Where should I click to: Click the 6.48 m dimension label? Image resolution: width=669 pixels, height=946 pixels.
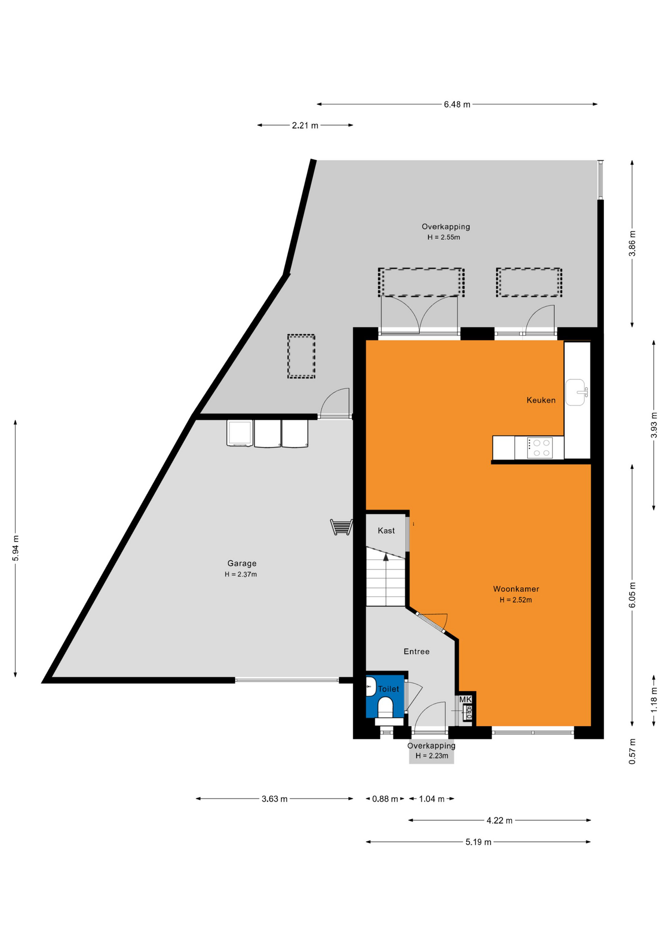[457, 104]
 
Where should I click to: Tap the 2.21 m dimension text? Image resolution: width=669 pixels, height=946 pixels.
[305, 126]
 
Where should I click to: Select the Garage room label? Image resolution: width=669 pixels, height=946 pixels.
[242, 563]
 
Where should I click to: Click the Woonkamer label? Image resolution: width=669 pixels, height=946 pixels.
[516, 589]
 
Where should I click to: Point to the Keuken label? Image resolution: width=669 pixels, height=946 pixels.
[541, 400]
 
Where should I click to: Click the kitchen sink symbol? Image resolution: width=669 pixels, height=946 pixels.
[576, 392]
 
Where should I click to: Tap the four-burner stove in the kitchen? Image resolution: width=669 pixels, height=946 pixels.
[539, 448]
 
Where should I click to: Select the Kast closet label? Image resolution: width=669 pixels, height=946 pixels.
[386, 531]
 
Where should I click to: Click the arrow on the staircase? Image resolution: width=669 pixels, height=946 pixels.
[386, 557]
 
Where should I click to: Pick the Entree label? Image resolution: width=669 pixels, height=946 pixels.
[416, 651]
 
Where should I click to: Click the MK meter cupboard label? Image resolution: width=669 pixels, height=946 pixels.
[466, 699]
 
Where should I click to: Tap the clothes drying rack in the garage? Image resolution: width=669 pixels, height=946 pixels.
[341, 527]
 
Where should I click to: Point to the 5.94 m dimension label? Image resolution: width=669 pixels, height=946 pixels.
[16, 548]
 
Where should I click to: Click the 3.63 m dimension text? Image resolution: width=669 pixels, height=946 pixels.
[274, 799]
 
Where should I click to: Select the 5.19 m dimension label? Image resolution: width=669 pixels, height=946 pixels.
[478, 842]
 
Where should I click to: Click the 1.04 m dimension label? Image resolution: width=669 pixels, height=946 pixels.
[432, 799]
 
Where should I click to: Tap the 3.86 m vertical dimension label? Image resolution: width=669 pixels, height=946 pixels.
[633, 243]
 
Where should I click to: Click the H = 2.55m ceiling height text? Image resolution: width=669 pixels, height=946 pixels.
[444, 237]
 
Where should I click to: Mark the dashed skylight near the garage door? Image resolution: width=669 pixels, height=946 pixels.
[301, 356]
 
